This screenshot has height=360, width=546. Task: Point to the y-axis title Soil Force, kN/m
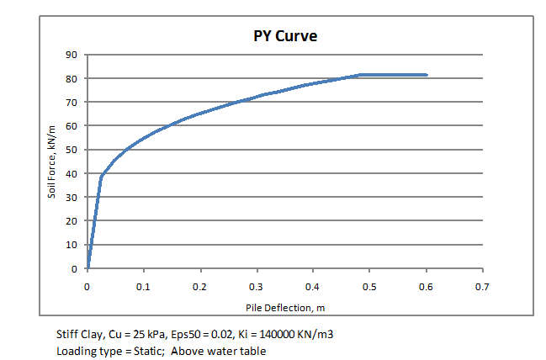(51, 161)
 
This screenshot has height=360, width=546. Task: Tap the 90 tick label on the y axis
(72, 55)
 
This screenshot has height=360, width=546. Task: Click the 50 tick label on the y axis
(72, 150)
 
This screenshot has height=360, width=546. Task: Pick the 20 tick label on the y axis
(72, 221)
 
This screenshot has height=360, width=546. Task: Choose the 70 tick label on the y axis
(72, 103)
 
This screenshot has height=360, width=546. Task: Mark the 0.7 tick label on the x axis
(482, 287)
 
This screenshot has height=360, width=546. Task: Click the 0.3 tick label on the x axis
(257, 287)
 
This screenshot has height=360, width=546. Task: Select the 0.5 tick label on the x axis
(369, 287)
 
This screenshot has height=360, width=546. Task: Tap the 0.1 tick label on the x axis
(144, 287)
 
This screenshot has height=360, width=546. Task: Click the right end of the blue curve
(427, 75)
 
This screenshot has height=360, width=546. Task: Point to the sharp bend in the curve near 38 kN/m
(102, 176)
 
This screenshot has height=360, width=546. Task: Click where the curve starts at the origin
(87, 269)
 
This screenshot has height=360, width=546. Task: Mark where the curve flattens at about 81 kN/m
(360, 75)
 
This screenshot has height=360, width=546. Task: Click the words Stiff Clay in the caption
(75, 335)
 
